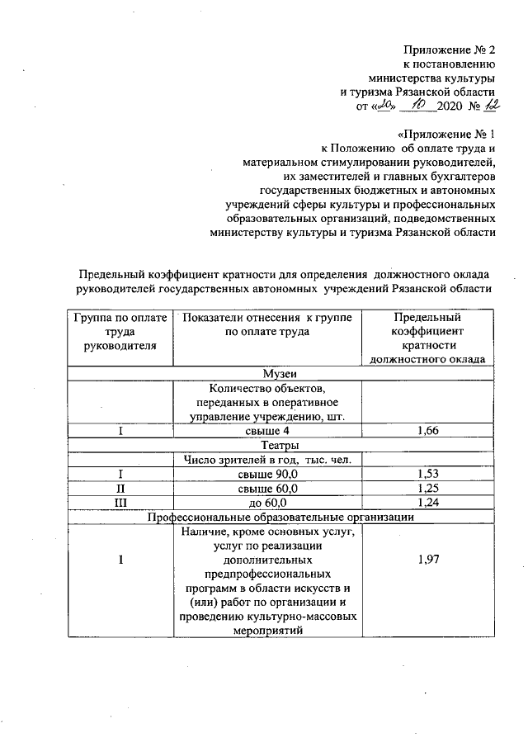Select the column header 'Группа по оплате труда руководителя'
pyautogui.click(x=120, y=331)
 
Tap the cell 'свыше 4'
pyautogui.click(x=267, y=431)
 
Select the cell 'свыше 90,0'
pyautogui.click(x=267, y=474)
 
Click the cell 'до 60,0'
pyautogui.click(x=267, y=502)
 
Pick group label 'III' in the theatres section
pyautogui.click(x=120, y=502)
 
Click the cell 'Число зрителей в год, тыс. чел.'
pyautogui.click(x=267, y=460)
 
